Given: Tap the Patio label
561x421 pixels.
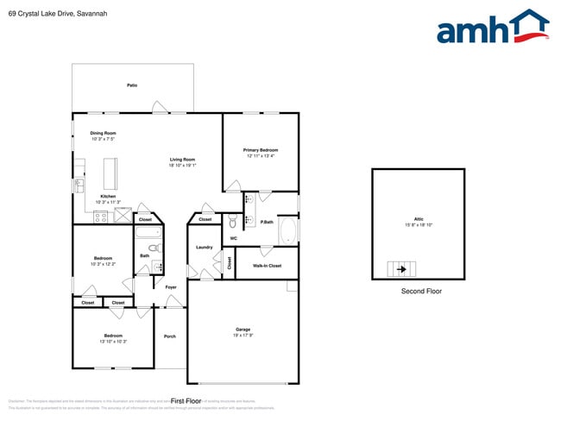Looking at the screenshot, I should [x=132, y=85].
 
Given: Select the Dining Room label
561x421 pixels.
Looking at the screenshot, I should [x=103, y=133].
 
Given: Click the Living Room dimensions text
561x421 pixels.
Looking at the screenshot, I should [x=182, y=165].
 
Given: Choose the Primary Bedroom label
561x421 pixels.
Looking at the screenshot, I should [x=261, y=150].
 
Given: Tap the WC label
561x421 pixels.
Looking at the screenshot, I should [x=233, y=238].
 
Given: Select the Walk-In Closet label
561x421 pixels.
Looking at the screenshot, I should [x=267, y=266].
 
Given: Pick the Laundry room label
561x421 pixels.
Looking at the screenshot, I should [x=204, y=248].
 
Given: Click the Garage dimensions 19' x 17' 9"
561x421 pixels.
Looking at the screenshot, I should [x=243, y=335].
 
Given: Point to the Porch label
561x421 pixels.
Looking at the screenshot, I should [x=170, y=336].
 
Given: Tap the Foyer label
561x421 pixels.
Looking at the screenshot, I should [x=171, y=287].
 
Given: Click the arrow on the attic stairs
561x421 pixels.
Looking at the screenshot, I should [x=401, y=269].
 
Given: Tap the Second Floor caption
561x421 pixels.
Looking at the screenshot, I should [x=421, y=292].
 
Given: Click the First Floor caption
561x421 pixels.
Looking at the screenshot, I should [x=186, y=401].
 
